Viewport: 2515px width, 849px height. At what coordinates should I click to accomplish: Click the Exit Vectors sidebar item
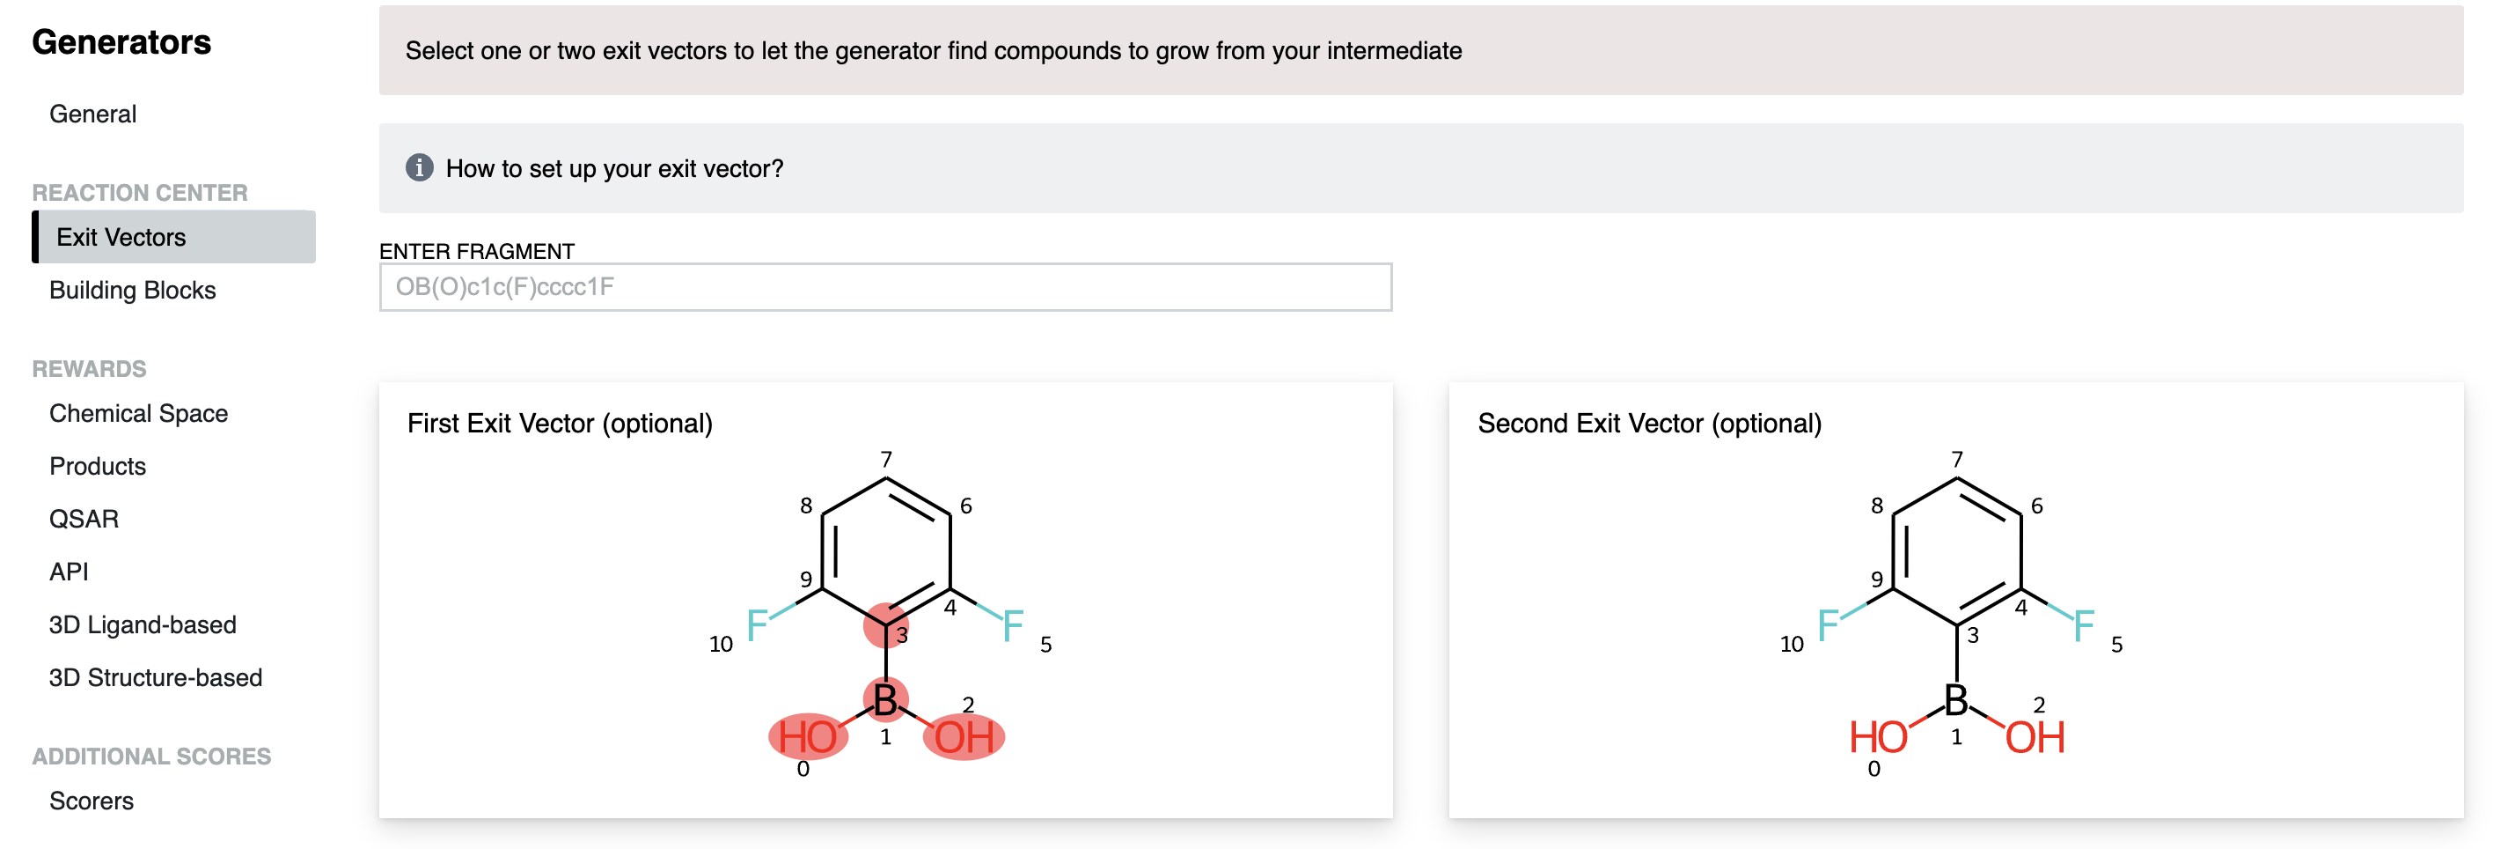pyautogui.click(x=121, y=238)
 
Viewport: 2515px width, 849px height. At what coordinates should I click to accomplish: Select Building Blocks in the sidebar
pyautogui.click(x=132, y=290)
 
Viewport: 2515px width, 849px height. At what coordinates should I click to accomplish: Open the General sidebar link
pyautogui.click(x=92, y=114)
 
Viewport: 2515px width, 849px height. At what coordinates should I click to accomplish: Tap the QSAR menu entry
pyautogui.click(x=84, y=519)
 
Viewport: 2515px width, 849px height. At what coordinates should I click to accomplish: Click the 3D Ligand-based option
pyautogui.click(x=143, y=624)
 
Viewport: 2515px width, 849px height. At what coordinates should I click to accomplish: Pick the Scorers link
pyautogui.click(x=91, y=801)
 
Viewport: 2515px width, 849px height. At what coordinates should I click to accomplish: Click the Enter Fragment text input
pyautogui.click(x=884, y=287)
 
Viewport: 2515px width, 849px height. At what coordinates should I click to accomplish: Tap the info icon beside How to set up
pyautogui.click(x=419, y=168)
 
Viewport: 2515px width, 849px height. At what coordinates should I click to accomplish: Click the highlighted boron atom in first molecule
pyautogui.click(x=885, y=699)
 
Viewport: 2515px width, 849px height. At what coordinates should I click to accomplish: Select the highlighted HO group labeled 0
pyautogui.click(x=808, y=736)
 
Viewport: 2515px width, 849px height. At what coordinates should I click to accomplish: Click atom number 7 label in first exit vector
pyautogui.click(x=885, y=459)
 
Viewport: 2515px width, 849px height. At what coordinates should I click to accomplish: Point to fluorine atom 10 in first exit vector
pyautogui.click(x=757, y=625)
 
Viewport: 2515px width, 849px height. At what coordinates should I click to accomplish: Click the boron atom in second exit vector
pyautogui.click(x=1955, y=699)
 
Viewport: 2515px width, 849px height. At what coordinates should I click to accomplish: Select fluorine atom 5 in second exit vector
pyautogui.click(x=2084, y=625)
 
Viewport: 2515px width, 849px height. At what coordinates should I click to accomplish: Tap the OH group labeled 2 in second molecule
pyautogui.click(x=2035, y=736)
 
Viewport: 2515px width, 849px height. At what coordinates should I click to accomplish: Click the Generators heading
pyautogui.click(x=121, y=42)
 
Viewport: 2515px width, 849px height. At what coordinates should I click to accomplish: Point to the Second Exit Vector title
pyautogui.click(x=1649, y=423)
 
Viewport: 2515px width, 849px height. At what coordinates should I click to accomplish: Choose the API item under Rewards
pyautogui.click(x=70, y=572)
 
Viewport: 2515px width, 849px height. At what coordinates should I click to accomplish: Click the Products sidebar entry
pyautogui.click(x=98, y=466)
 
